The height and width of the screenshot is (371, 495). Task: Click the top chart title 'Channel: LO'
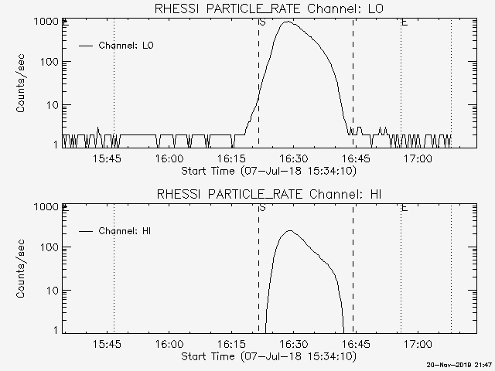(345, 9)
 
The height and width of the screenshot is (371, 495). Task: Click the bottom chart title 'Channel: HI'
(346, 194)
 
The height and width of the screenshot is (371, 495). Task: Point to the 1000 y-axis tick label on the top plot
(46, 22)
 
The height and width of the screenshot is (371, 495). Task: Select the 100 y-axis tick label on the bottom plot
(49, 247)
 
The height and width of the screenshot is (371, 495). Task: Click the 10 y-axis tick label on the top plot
(53, 105)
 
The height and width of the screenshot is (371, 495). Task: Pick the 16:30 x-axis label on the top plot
(294, 158)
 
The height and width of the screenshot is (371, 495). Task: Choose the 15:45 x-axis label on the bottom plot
(107, 344)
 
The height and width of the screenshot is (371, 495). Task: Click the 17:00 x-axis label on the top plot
(418, 158)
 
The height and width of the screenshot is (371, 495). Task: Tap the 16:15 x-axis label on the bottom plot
(232, 344)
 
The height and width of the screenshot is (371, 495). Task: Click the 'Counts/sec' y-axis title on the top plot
(20, 83)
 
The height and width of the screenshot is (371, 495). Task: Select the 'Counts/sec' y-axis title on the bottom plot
(20, 269)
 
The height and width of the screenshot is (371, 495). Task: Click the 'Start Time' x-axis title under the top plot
(208, 171)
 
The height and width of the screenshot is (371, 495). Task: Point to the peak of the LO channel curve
(287, 22)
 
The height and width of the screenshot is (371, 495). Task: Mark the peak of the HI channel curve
(289, 230)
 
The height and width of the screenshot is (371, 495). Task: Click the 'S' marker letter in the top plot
(262, 22)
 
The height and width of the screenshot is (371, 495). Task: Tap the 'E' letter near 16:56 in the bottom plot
(405, 208)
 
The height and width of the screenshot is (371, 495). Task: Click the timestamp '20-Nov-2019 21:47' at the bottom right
(459, 365)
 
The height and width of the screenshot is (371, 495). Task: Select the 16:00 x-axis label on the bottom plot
(169, 344)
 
